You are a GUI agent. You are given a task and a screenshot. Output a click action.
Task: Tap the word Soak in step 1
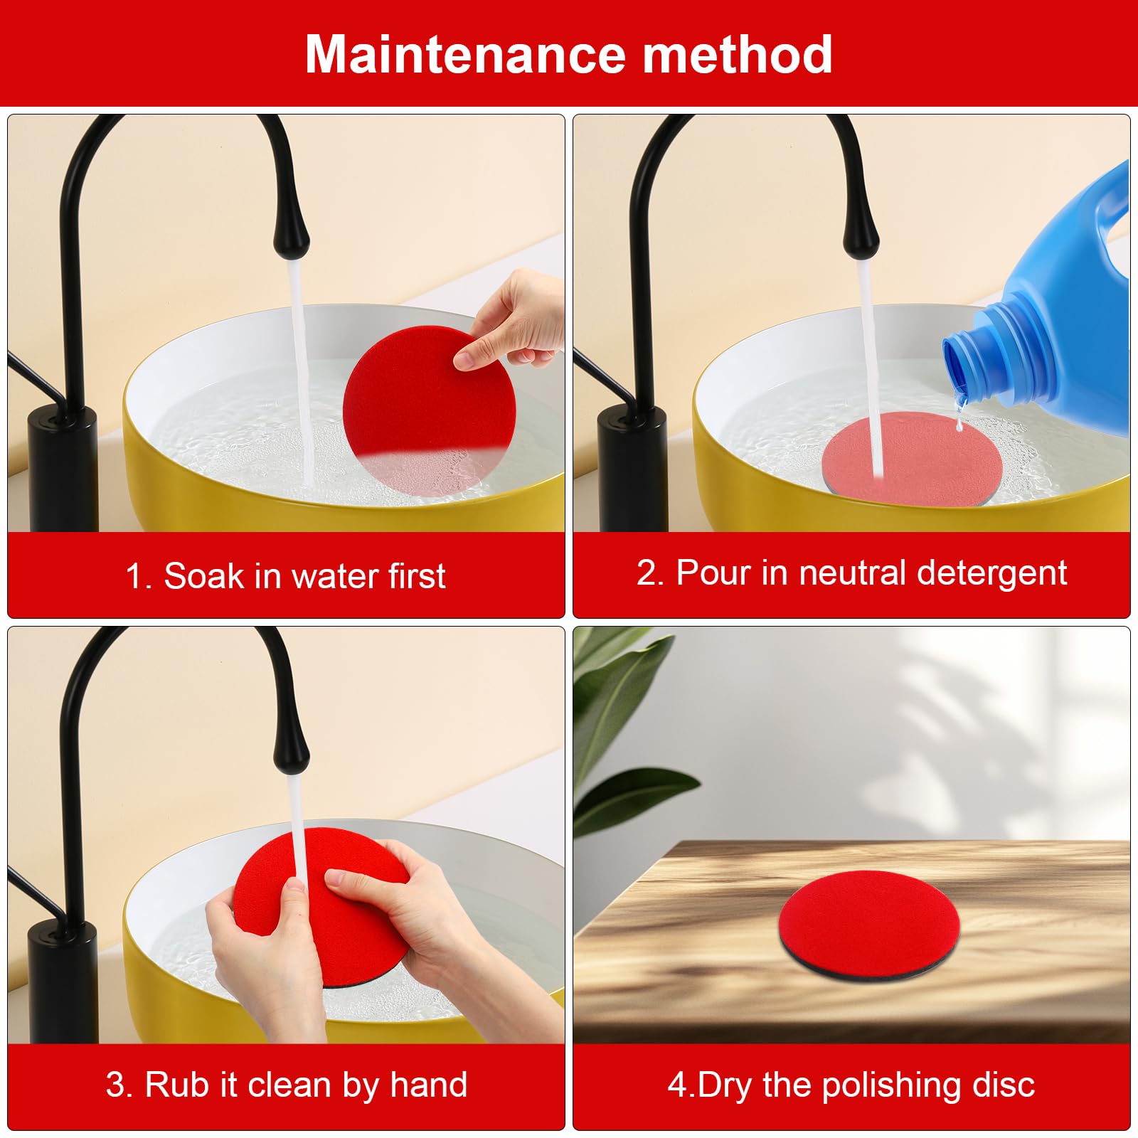203,575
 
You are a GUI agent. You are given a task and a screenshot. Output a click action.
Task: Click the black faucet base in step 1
63,469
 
